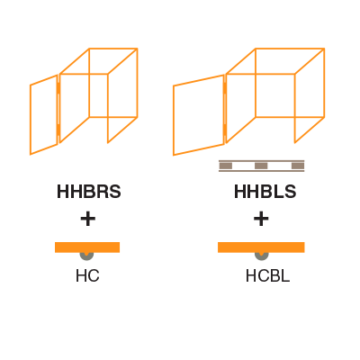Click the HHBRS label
(x=89, y=192)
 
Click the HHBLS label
(x=265, y=192)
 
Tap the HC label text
(x=87, y=275)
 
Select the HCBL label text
(x=267, y=275)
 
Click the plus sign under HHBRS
(x=88, y=219)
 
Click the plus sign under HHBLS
(x=261, y=219)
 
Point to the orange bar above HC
(x=87, y=247)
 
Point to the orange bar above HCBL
(x=261, y=247)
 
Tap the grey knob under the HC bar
(x=86, y=256)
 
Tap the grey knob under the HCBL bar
(x=262, y=256)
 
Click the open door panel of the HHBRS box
(x=31, y=120)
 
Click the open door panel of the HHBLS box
(x=174, y=120)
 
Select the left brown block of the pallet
(x=226, y=166)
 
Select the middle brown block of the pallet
(x=261, y=166)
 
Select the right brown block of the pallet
(x=298, y=166)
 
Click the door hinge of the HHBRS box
(x=58, y=109)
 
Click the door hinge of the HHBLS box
(x=225, y=109)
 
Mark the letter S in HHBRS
(x=115, y=192)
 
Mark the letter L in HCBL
(x=285, y=275)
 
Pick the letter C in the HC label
(x=94, y=275)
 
